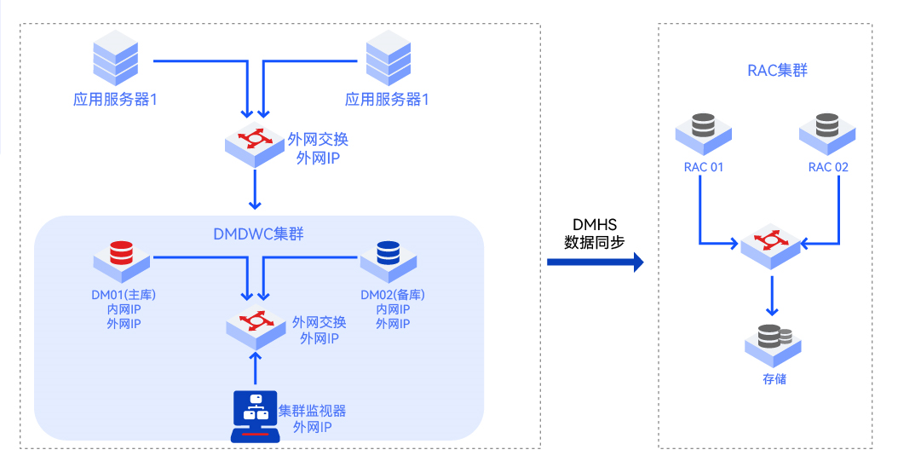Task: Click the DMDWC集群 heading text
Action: tap(258, 234)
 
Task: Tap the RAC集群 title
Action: tap(777, 71)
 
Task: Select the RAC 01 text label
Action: tap(703, 167)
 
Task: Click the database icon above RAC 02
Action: tap(827, 133)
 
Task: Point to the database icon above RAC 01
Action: tap(703, 133)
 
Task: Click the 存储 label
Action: tap(774, 379)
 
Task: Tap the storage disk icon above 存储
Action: tap(773, 345)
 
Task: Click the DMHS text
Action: tap(595, 224)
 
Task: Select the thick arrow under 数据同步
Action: tap(595, 262)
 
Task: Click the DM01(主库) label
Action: tap(124, 295)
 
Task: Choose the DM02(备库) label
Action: tap(393, 295)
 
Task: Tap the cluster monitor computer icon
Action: tap(256, 416)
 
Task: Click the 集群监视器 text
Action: tap(312, 411)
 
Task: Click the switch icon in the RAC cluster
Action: tap(770, 245)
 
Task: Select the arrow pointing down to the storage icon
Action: tap(772, 296)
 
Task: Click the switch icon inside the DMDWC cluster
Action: tap(256, 326)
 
